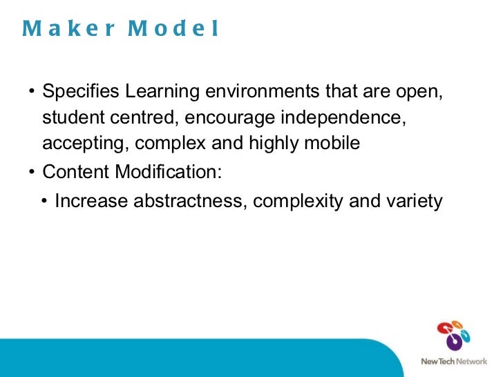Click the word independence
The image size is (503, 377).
click(341, 117)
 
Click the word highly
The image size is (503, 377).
click(279, 144)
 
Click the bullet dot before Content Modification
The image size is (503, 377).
click(32, 171)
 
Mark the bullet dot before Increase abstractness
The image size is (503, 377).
click(44, 202)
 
